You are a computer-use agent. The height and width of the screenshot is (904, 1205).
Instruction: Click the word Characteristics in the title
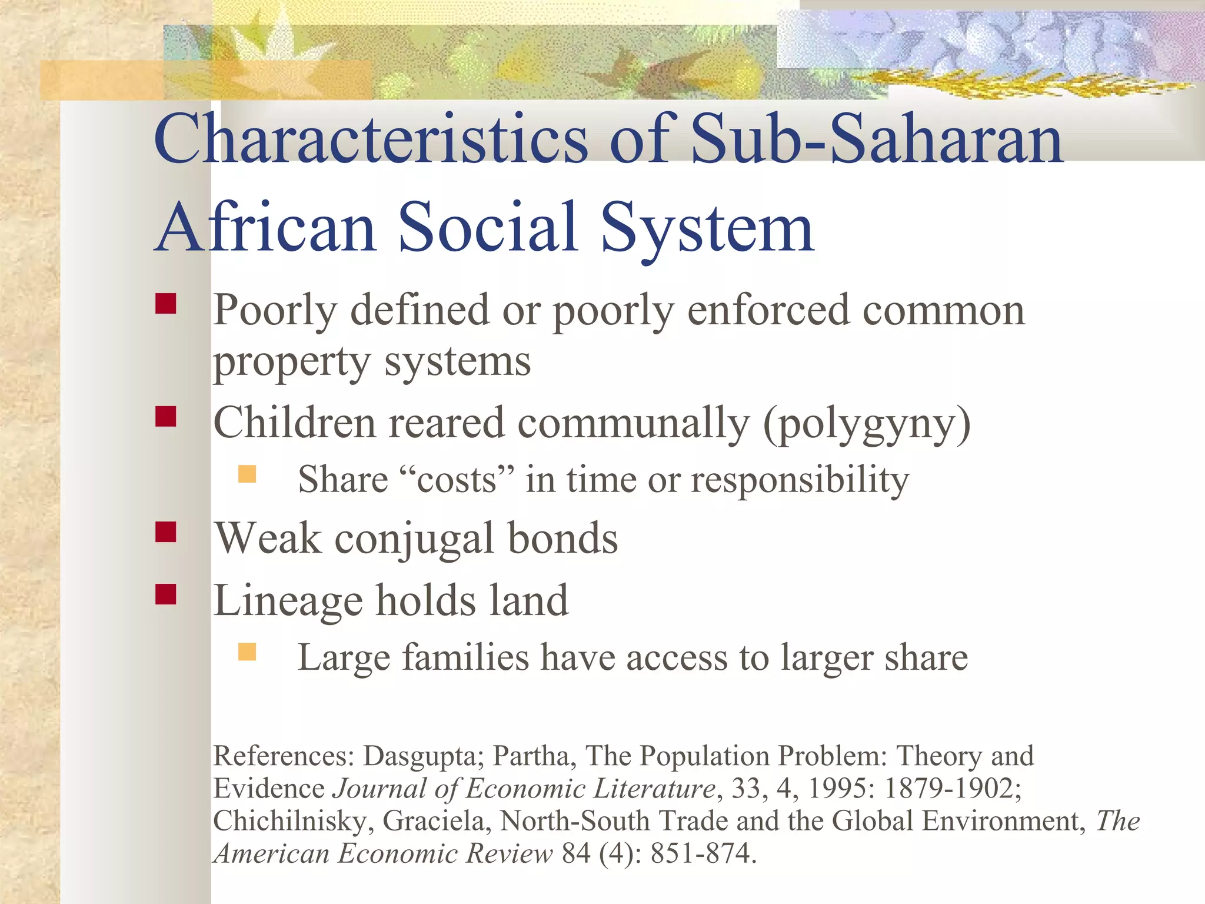[371, 140]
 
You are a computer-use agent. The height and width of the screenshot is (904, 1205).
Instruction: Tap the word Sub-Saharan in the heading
[877, 140]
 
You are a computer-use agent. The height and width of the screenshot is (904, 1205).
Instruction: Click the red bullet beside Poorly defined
[166, 304]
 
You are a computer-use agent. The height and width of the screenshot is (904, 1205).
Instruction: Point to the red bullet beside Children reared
[166, 416]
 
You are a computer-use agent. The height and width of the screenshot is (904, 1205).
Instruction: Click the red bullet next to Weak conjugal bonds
[166, 531]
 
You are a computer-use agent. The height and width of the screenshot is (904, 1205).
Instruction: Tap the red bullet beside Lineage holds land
[166, 594]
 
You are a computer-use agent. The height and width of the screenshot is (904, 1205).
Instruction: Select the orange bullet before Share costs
[247, 474]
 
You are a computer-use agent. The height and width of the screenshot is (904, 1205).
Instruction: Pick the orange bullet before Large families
[247, 652]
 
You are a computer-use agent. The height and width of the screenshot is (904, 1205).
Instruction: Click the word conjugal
[414, 539]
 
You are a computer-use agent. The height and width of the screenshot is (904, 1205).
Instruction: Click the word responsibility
[800, 480]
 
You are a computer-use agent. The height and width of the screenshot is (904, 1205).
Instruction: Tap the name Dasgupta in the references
[424, 756]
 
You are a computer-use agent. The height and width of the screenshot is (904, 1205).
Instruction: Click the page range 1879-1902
[953, 789]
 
